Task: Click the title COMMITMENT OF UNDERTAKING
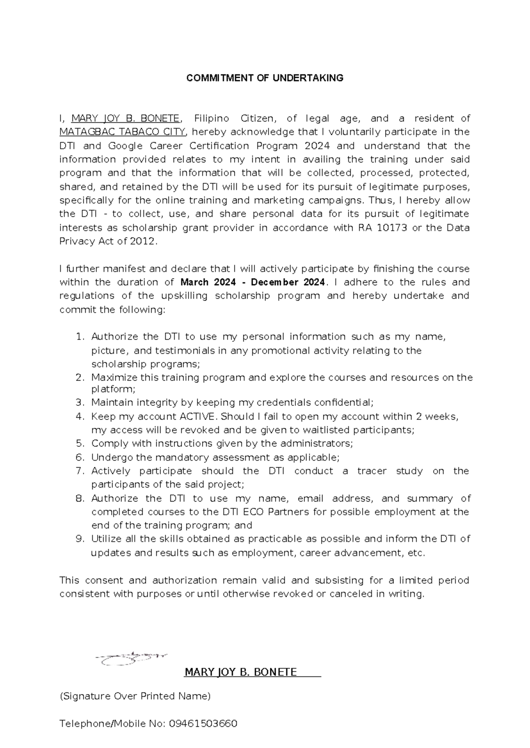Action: [265, 78]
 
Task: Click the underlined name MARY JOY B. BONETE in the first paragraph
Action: [125, 118]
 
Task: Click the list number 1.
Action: [79, 337]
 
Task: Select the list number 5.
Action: [79, 443]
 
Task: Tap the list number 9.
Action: [79, 539]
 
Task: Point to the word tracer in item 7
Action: [372, 471]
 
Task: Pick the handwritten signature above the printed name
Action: [131, 658]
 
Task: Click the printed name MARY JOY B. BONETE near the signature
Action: [241, 672]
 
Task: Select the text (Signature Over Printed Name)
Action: [135, 696]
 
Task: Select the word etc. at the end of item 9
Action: [417, 553]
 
